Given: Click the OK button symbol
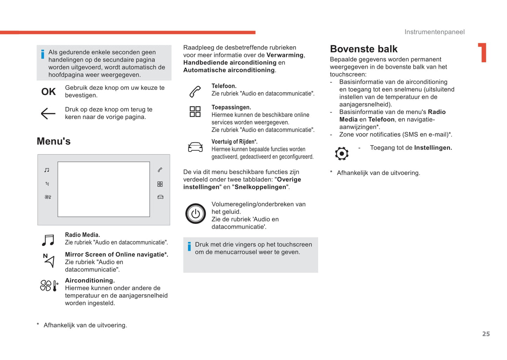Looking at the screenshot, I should [48, 92].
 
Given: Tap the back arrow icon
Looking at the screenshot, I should [48, 113].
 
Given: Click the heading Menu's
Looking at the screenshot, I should [54, 141].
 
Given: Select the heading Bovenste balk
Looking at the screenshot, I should [363, 49].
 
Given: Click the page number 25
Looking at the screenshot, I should [486, 334].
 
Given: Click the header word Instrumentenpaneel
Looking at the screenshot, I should [434, 32].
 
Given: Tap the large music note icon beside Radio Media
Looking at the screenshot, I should [48, 240].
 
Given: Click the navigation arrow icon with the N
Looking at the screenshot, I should [49, 261].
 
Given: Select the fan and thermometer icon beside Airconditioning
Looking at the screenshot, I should [49, 286].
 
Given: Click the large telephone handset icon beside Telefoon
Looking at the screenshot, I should [195, 92].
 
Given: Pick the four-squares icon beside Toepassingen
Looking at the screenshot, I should [195, 112].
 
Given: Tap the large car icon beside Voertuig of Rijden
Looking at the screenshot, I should [195, 147].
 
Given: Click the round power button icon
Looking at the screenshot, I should [195, 213].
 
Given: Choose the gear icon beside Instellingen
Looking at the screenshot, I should [341, 153].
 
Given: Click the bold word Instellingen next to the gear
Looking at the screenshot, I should [433, 148].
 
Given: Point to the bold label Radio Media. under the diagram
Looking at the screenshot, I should [82, 235].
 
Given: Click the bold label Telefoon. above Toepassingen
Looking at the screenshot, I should [224, 86].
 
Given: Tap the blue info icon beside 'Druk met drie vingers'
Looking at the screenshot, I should [189, 246].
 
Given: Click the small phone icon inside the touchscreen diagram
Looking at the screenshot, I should [160, 170].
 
